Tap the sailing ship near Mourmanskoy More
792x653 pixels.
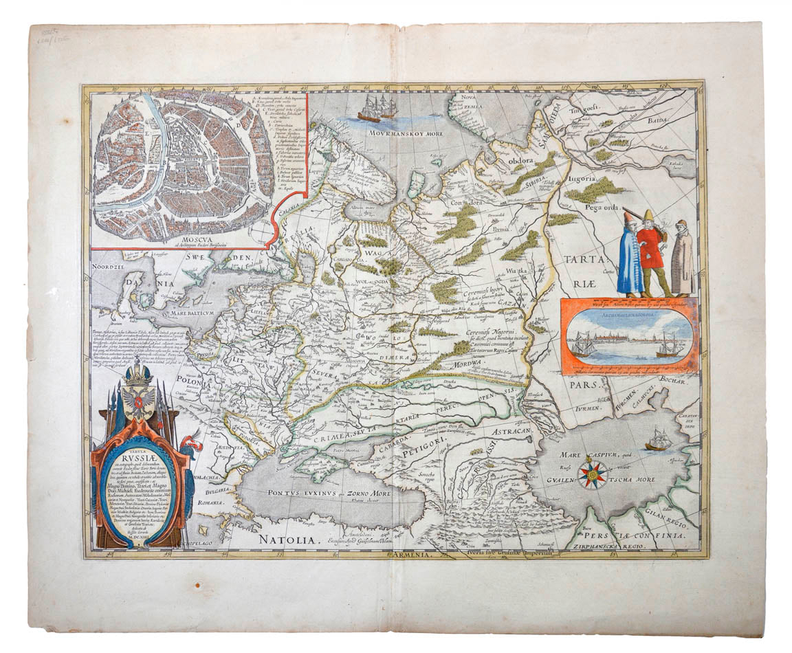pyautogui.click(x=377, y=109)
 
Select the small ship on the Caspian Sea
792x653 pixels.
pyautogui.click(x=657, y=439)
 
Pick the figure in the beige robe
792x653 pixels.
pyautogui.click(x=681, y=257)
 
